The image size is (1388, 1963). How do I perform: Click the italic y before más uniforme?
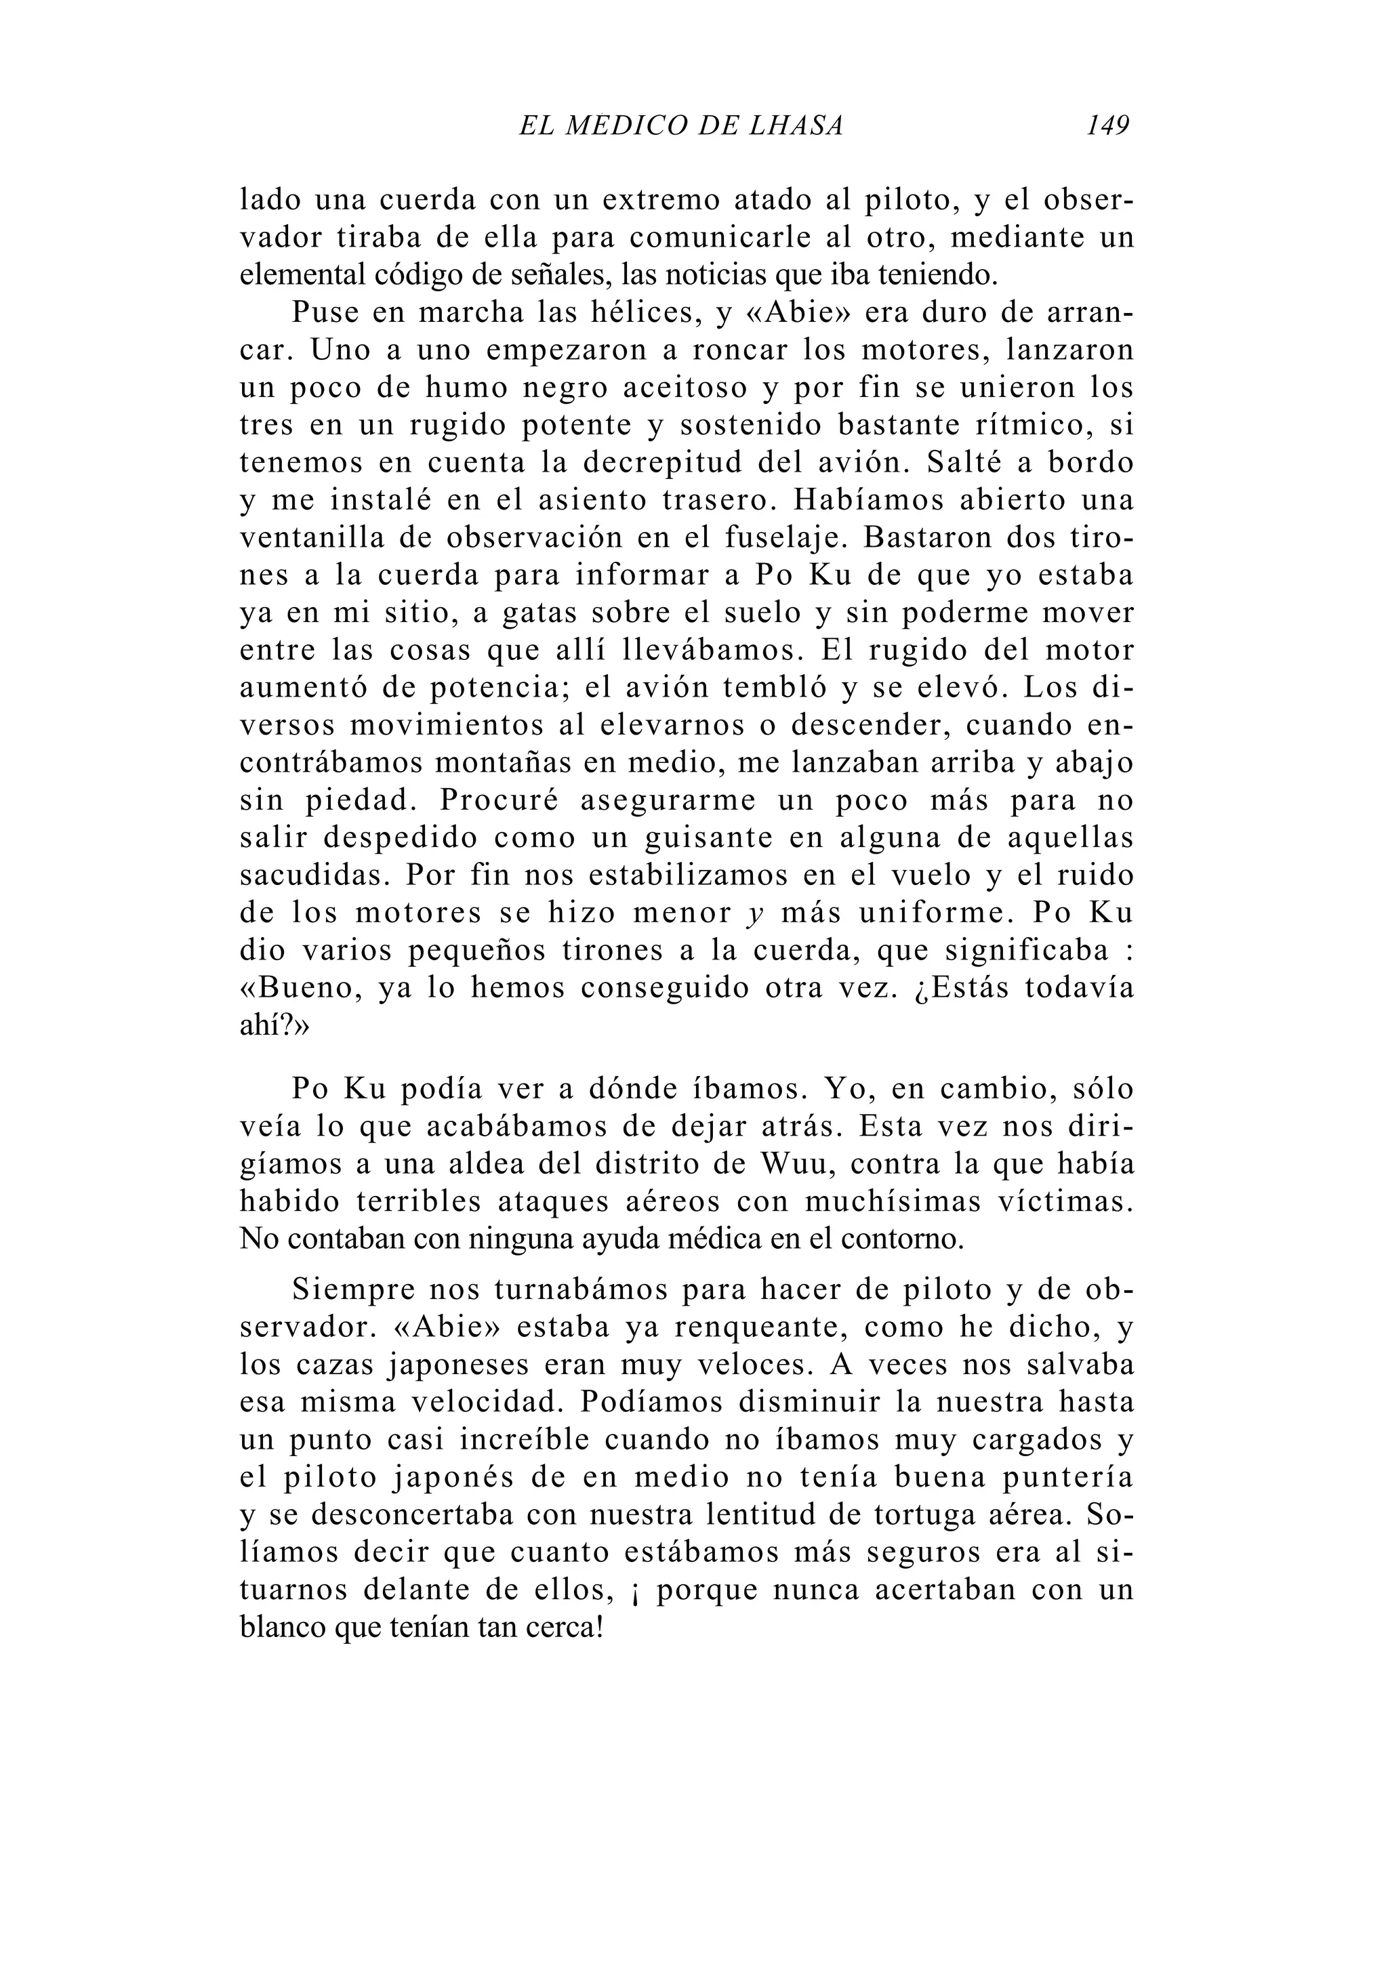[x=754, y=914]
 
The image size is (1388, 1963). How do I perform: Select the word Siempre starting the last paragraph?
[x=352, y=1289]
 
